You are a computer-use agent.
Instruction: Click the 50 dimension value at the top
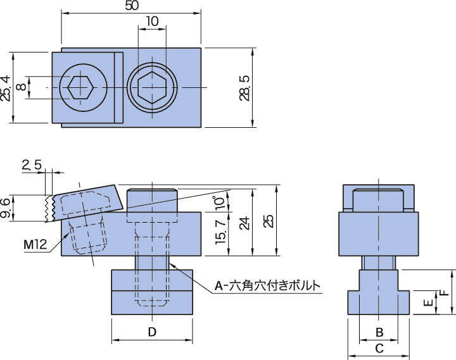tap(132, 6)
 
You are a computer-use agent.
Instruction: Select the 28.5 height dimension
tap(245, 88)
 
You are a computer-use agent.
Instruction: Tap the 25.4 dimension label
tap(6, 88)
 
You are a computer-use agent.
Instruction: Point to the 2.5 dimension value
tap(32, 165)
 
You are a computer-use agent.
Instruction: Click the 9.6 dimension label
tap(5, 208)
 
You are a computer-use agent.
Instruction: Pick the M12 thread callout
tap(35, 245)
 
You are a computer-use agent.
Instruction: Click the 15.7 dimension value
tap(221, 232)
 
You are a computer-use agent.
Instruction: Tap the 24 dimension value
tap(245, 223)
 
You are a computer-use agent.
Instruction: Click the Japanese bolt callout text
tap(267, 285)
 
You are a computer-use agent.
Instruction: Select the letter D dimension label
tap(152, 332)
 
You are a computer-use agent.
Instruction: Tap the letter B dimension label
tap(379, 332)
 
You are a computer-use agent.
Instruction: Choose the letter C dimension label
tap(379, 348)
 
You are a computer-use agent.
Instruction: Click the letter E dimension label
tap(428, 303)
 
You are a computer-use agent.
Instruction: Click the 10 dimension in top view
tap(152, 22)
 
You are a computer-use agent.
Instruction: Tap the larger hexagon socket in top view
tap(152, 87)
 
